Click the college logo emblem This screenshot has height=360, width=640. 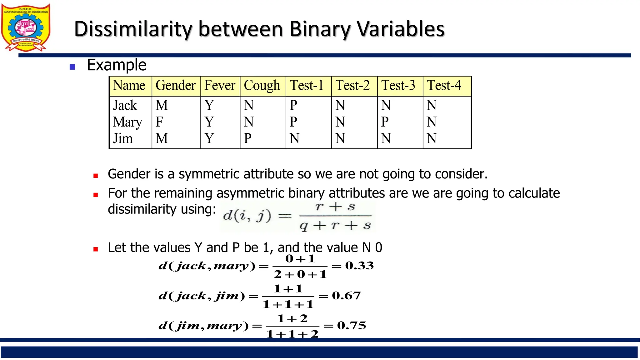(x=26, y=27)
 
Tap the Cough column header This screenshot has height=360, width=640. (x=262, y=86)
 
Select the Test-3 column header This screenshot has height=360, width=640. (x=398, y=86)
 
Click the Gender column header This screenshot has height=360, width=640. (x=176, y=86)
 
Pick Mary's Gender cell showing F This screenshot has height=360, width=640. (x=159, y=122)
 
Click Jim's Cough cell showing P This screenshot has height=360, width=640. (x=248, y=138)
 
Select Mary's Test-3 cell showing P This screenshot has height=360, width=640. (x=385, y=122)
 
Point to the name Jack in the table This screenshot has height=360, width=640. (x=125, y=105)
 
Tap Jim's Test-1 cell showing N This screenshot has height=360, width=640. (x=294, y=138)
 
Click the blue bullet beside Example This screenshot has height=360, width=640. (x=72, y=67)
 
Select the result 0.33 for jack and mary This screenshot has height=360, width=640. (x=359, y=266)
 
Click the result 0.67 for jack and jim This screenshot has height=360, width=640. (x=346, y=296)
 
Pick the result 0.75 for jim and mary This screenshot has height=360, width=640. (x=352, y=326)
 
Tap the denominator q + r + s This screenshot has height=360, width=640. (x=335, y=225)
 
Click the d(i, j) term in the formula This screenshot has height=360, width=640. (x=247, y=216)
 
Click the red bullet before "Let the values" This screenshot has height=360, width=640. (x=96, y=249)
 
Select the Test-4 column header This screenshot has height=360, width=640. (x=444, y=86)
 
